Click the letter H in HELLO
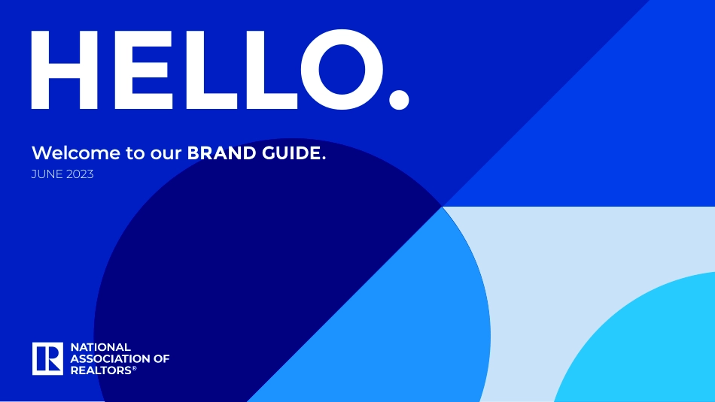click(x=64, y=70)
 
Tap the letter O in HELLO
click(x=342, y=70)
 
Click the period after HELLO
click(x=399, y=100)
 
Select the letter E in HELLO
click(x=143, y=70)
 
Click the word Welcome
click(x=76, y=153)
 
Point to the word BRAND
click(x=222, y=153)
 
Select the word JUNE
click(x=47, y=174)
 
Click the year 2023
click(x=80, y=174)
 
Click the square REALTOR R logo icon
click(x=47, y=358)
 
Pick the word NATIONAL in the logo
click(x=101, y=347)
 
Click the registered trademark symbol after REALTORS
click(x=134, y=368)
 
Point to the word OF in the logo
click(x=161, y=358)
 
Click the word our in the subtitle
click(x=166, y=154)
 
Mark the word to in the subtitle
click(x=135, y=153)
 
